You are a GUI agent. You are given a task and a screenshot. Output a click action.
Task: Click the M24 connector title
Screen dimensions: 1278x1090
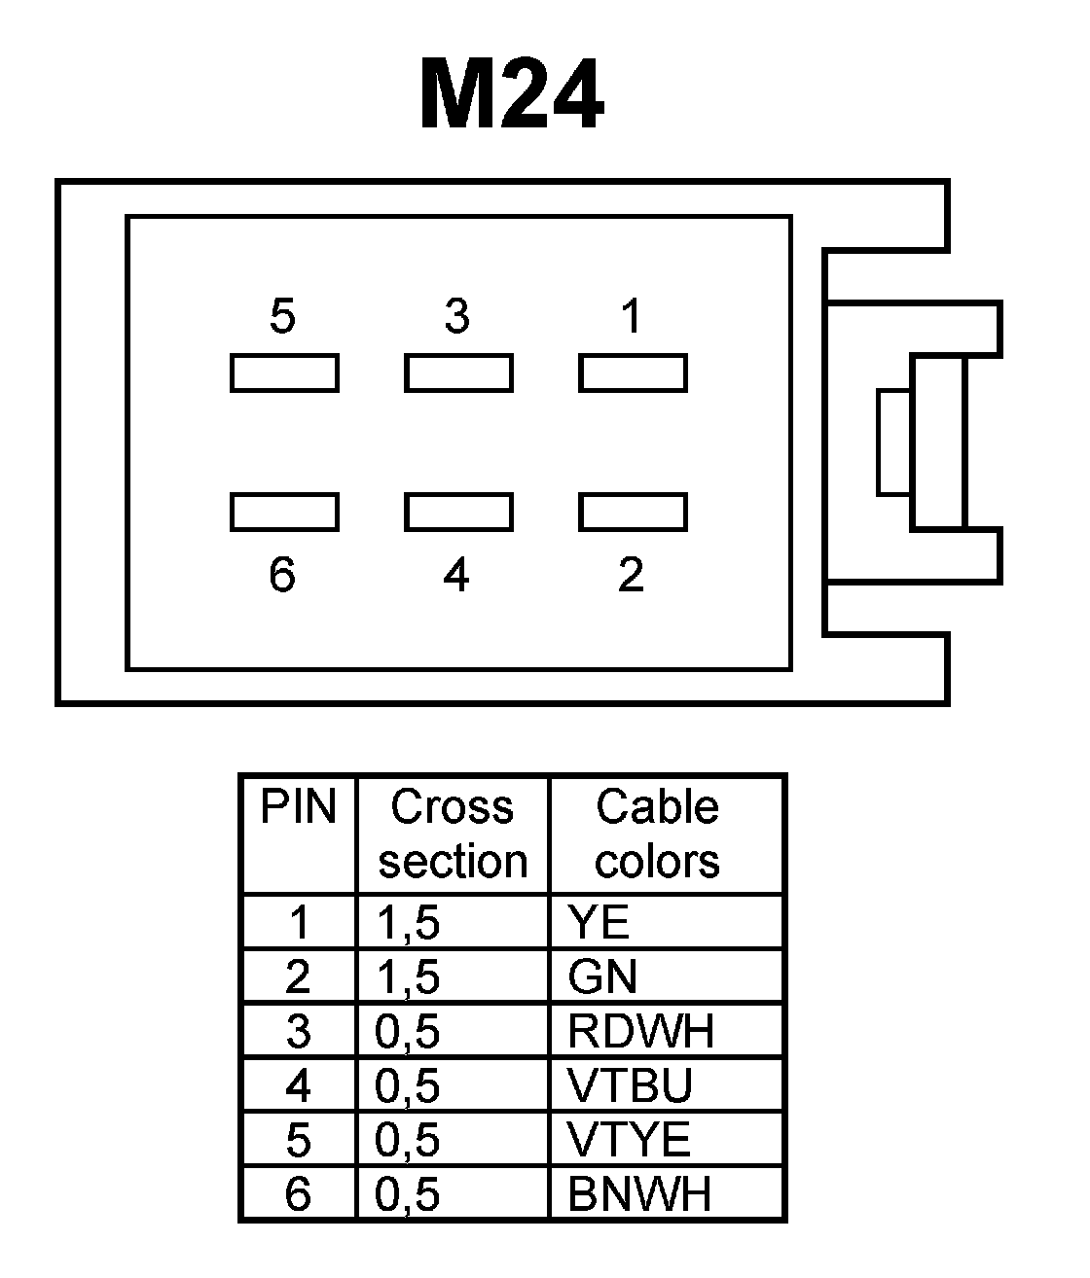click(511, 95)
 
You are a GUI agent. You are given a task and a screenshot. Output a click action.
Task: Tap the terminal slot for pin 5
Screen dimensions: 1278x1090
click(284, 373)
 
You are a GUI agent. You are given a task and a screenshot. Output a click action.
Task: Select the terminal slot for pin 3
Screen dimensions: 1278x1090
click(458, 373)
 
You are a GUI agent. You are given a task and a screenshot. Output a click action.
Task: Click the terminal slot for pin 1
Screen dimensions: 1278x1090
click(633, 373)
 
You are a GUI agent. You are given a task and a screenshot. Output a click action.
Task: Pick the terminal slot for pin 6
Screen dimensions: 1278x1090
click(284, 513)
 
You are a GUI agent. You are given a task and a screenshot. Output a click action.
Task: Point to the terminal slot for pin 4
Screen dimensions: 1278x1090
click(458, 513)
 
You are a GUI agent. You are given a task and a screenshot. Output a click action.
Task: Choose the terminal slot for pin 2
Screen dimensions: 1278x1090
click(633, 513)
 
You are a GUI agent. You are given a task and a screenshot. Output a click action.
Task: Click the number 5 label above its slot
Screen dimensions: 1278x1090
click(282, 317)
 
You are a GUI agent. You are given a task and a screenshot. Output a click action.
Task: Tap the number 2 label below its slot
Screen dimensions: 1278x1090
click(631, 575)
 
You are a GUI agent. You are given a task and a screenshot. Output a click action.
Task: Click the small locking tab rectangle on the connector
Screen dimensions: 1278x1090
click(893, 443)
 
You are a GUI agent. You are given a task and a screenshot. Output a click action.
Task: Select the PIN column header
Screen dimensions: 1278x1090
click(298, 808)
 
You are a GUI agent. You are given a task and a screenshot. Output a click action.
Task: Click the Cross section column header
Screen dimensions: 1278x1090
click(453, 834)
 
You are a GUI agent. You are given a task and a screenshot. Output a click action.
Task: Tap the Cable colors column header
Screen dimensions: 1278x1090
click(658, 834)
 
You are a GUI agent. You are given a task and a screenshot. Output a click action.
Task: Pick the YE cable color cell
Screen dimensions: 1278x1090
click(599, 922)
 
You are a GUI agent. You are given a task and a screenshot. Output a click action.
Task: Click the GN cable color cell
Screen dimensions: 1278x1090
click(603, 976)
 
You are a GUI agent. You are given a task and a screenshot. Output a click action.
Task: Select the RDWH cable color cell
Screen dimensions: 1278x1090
click(640, 1031)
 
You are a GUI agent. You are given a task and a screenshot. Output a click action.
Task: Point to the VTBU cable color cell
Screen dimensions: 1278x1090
click(630, 1085)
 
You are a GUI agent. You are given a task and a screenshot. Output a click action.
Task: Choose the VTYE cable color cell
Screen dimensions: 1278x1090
click(629, 1140)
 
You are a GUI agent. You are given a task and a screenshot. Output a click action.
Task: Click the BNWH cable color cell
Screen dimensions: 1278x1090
click(639, 1194)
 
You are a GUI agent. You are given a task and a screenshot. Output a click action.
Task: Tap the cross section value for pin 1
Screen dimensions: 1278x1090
click(408, 922)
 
